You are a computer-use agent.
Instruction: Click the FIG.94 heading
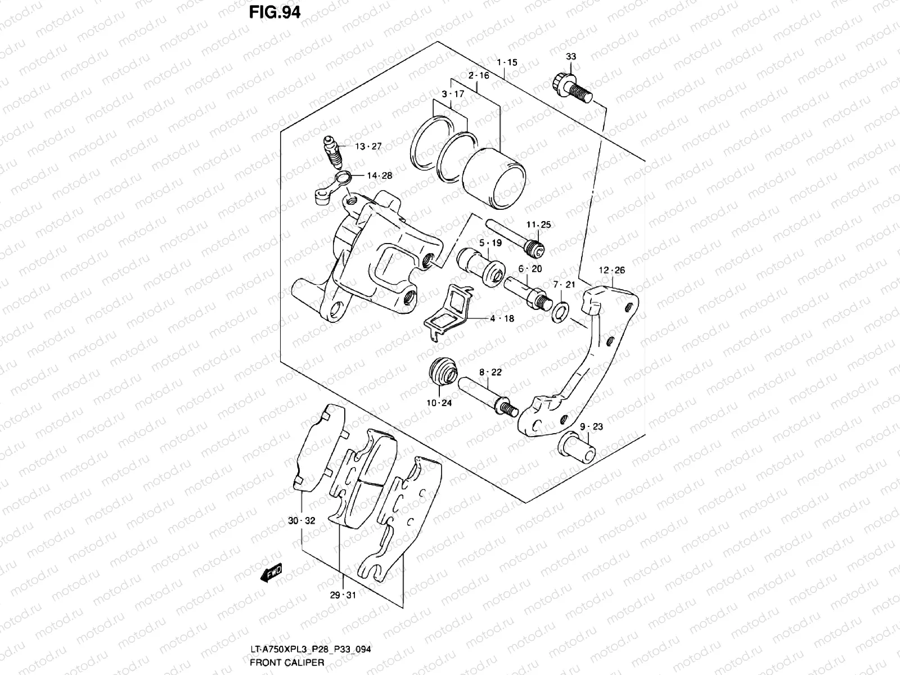point(274,12)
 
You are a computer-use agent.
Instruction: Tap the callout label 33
point(571,57)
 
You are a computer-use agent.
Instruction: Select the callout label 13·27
point(368,146)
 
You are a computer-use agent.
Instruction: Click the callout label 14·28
point(379,175)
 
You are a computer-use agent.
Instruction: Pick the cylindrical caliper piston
point(494,178)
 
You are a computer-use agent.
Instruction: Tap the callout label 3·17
point(453,94)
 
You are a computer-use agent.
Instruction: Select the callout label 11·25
point(539,224)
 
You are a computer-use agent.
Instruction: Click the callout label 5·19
point(490,243)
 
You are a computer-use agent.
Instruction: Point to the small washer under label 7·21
point(560,312)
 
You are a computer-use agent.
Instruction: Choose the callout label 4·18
point(502,318)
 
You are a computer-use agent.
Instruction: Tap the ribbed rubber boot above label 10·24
point(443,371)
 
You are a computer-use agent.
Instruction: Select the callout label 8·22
point(490,372)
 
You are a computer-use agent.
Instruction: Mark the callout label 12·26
point(612,270)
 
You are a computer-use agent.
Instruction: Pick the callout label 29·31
point(343,595)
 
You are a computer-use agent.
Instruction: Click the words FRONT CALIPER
point(287,663)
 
